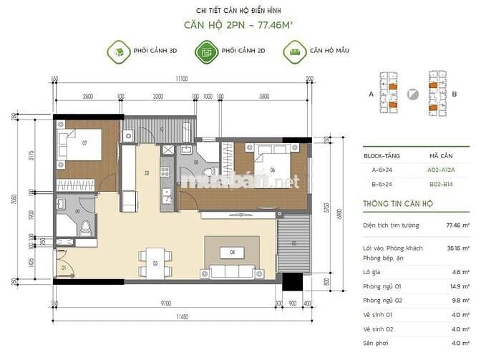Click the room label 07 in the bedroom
84,143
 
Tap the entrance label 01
63,268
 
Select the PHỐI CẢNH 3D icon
118,52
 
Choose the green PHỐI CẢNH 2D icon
206,52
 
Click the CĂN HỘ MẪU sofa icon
292,52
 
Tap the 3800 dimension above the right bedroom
264,96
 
